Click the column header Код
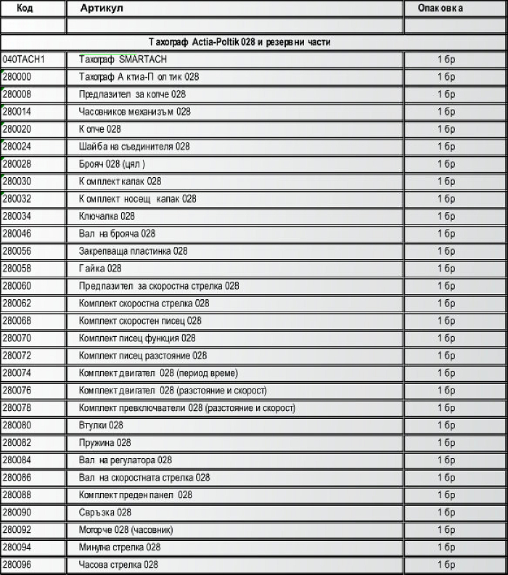tap(25, 8)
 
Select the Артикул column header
tap(102, 8)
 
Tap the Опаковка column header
tap(441, 8)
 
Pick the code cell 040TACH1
tap(23, 60)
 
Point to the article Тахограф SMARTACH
tap(123, 60)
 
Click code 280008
tap(17, 94)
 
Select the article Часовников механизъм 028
tap(134, 112)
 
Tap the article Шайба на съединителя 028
tap(134, 147)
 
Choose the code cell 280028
tap(17, 164)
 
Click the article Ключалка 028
tap(107, 216)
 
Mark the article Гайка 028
tap(100, 269)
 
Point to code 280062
tap(17, 303)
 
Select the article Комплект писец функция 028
tap(137, 338)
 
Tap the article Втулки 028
tap(101, 425)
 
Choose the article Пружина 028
tap(105, 443)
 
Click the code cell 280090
tap(17, 513)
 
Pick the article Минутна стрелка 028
tap(120, 547)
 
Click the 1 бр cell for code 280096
tap(446, 565)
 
